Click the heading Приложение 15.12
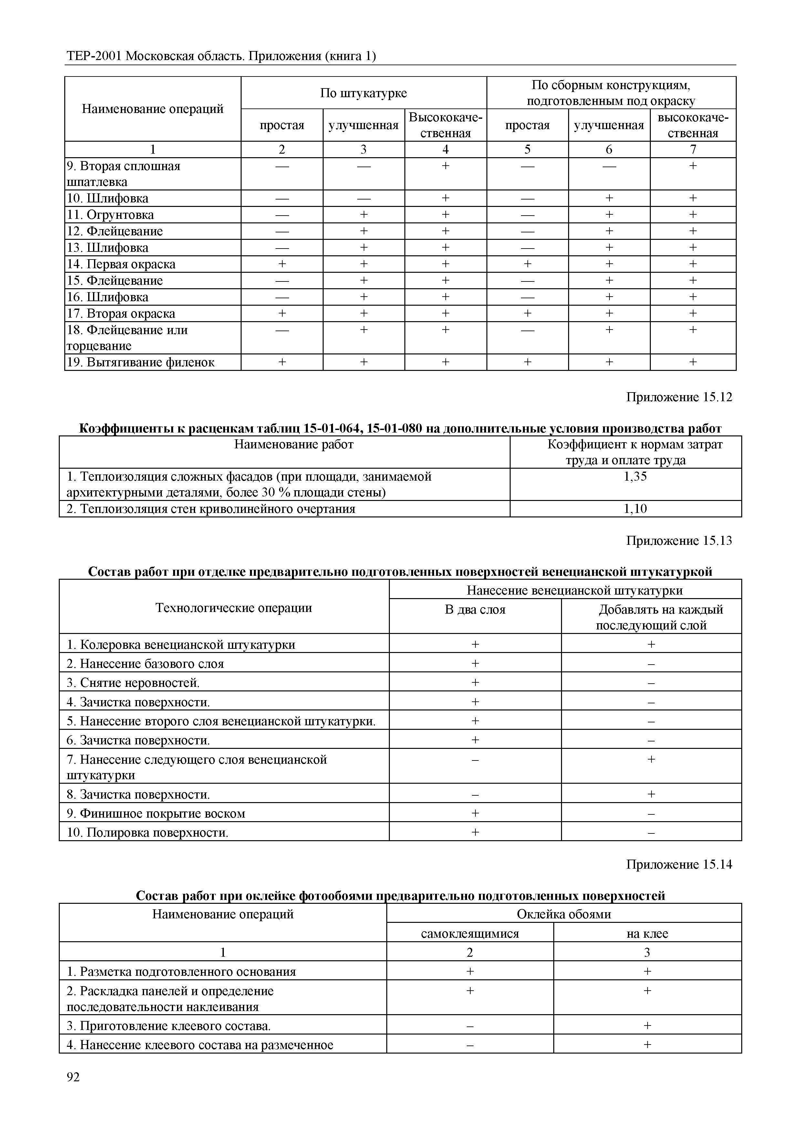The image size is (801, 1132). point(679,397)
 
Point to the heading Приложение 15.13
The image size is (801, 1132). point(679,541)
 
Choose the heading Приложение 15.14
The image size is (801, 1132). point(679,864)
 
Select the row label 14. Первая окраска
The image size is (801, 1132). point(121,264)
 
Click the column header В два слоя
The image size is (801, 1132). point(475,610)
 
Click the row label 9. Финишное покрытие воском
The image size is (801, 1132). point(156,813)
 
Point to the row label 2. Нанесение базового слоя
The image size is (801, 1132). point(145,664)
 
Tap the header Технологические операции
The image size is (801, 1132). point(234,607)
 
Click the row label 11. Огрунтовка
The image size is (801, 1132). point(110,215)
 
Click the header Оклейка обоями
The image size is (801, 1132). point(564,914)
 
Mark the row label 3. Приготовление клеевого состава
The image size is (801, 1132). point(169,1026)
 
